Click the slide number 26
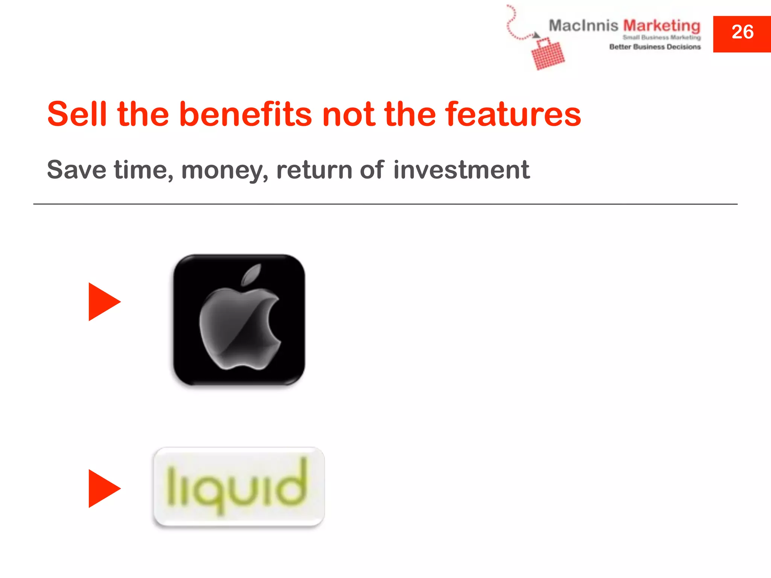click(x=742, y=32)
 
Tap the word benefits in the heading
click(x=245, y=114)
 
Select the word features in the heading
click(x=513, y=114)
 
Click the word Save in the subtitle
click(x=76, y=170)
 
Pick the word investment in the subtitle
click(x=461, y=170)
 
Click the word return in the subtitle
click(x=314, y=170)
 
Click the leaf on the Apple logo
click(x=251, y=274)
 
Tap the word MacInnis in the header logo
click(x=583, y=26)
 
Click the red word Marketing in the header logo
click(x=661, y=26)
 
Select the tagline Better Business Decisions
click(x=655, y=47)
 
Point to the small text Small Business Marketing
click(x=661, y=37)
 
